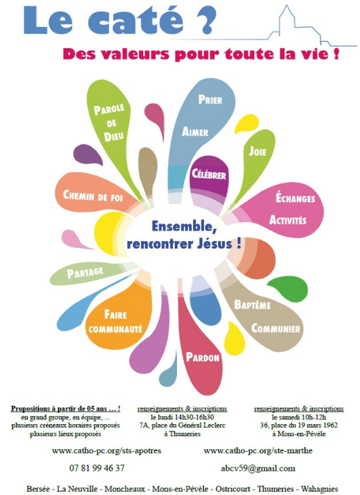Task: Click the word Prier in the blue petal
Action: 210,100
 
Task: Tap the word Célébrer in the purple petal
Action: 209,174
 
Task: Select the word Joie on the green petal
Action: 257,151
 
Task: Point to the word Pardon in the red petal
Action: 203,357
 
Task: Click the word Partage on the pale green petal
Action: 85,272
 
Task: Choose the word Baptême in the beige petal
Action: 253,305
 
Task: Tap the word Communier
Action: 276,328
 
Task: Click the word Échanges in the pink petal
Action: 295,198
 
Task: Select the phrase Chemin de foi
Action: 93,196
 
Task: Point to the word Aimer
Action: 195,131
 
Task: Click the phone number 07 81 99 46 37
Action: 97,468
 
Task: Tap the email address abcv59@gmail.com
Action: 258,469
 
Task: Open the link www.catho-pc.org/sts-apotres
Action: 107,451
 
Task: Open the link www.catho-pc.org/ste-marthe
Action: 258,451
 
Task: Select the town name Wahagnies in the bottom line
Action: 319,489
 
